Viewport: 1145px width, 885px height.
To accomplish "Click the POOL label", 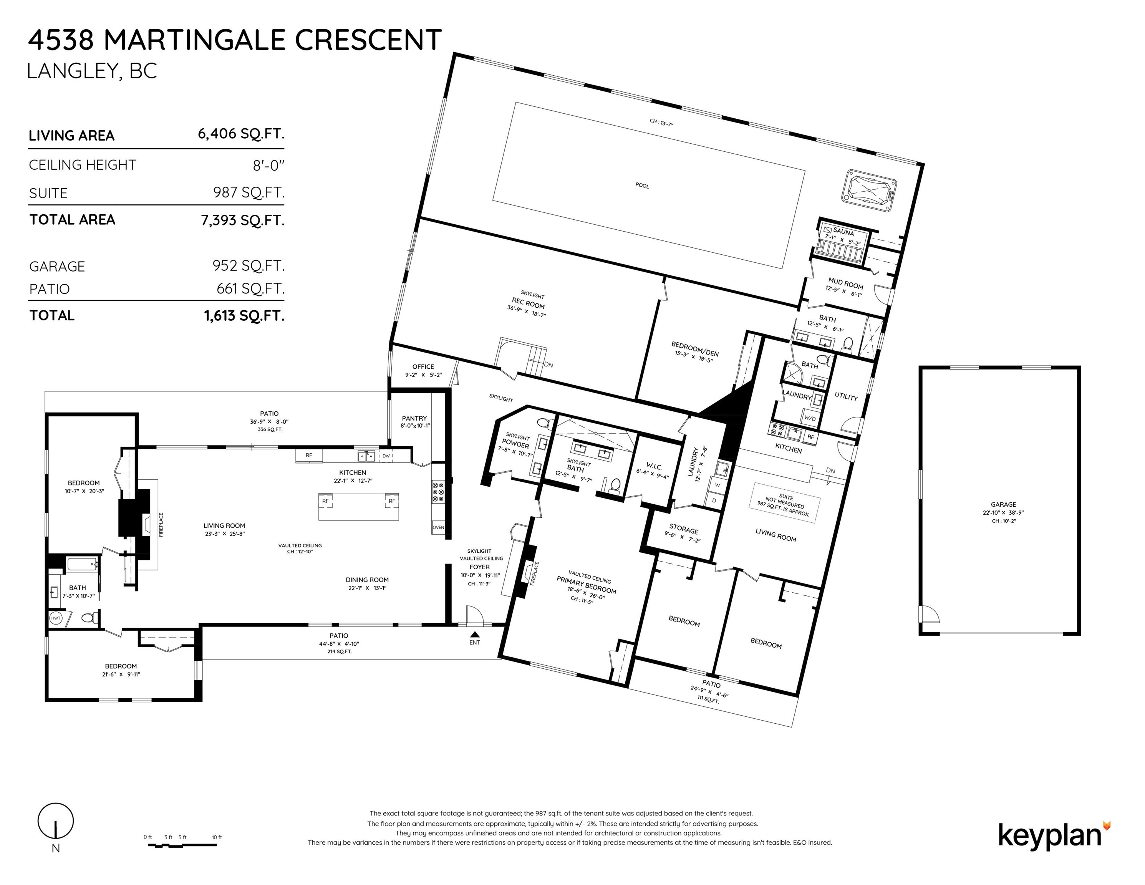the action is pyautogui.click(x=642, y=186).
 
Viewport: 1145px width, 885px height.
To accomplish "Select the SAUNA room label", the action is pyautogui.click(x=843, y=231).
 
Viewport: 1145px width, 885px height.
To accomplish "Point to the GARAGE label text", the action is pyautogui.click(x=1003, y=504).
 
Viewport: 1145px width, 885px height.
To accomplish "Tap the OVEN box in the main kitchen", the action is pyautogui.click(x=438, y=527).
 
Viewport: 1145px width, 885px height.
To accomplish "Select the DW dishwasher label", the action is pyautogui.click(x=386, y=456).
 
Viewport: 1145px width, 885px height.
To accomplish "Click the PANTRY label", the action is pyautogui.click(x=414, y=418).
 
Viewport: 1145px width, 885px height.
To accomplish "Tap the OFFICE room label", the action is pyautogui.click(x=423, y=366).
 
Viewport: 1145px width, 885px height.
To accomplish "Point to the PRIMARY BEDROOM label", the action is pyautogui.click(x=586, y=585).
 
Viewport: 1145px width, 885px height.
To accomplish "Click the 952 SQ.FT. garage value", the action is pyautogui.click(x=249, y=266).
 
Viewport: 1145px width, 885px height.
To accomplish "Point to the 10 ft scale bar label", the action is pyautogui.click(x=217, y=837).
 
